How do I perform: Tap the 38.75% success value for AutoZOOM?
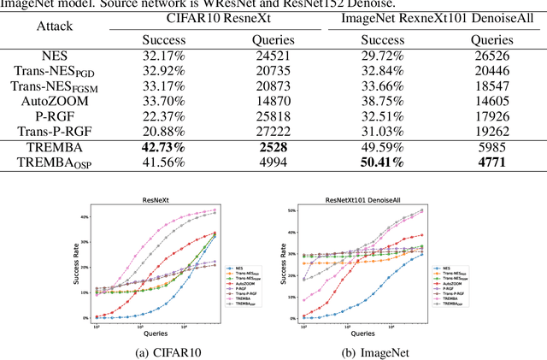pyautogui.click(x=382, y=101)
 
